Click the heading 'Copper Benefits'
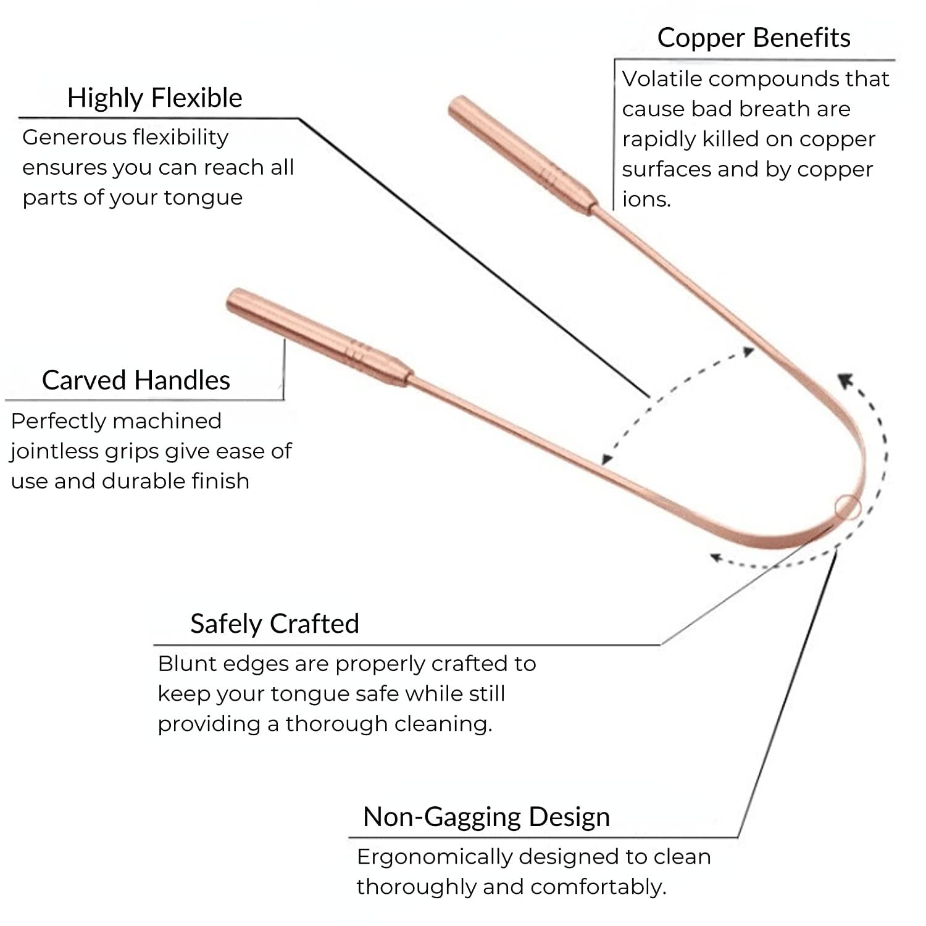753,38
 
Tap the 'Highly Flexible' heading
154,98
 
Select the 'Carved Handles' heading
136,380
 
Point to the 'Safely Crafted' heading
274,624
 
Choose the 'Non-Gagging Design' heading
486,816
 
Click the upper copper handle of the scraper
519,154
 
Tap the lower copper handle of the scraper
315,336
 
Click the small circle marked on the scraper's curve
848,507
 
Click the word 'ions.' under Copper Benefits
646,199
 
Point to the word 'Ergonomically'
433,857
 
